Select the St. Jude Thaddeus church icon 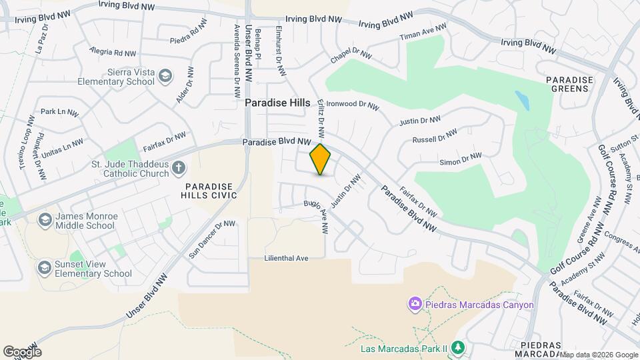[x=178, y=167]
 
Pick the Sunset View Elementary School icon [x=45, y=268]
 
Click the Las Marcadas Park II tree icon [x=457, y=348]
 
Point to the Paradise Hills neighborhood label [x=277, y=103]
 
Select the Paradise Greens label [x=569, y=85]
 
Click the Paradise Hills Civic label [x=209, y=190]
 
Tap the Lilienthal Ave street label [x=287, y=258]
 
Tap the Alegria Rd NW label [x=113, y=52]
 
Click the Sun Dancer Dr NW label [x=212, y=239]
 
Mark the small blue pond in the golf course [x=523, y=100]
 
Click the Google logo [x=23, y=351]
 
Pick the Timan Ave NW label [x=423, y=31]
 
